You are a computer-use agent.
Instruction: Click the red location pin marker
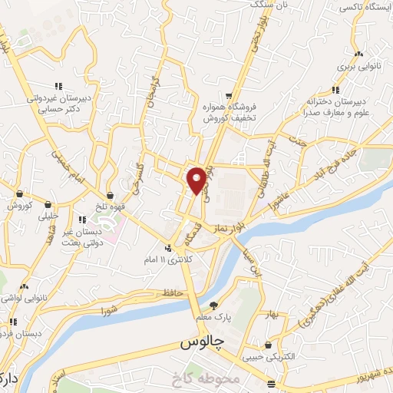196,180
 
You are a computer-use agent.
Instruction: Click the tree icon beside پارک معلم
223,305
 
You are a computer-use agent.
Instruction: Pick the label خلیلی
47,217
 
